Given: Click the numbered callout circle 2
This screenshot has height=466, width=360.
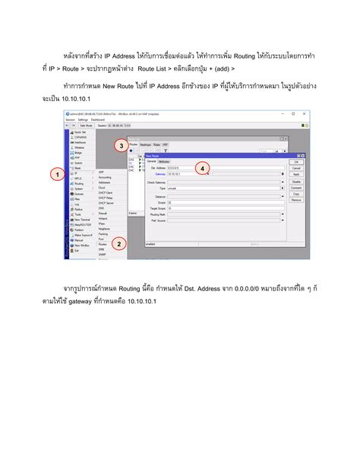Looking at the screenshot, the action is [x=118, y=244].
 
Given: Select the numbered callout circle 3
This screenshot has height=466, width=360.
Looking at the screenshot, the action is [x=120, y=145].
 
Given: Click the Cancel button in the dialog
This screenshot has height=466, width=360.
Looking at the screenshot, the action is [x=296, y=168].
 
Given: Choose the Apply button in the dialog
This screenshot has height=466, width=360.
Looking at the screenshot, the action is [x=296, y=174].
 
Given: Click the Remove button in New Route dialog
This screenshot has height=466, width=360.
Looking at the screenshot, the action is [x=296, y=200].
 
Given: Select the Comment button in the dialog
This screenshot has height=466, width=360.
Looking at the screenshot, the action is [x=296, y=187].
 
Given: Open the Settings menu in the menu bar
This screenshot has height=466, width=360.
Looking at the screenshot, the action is [x=83, y=119].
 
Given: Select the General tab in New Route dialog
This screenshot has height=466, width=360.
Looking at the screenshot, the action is [x=151, y=161].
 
